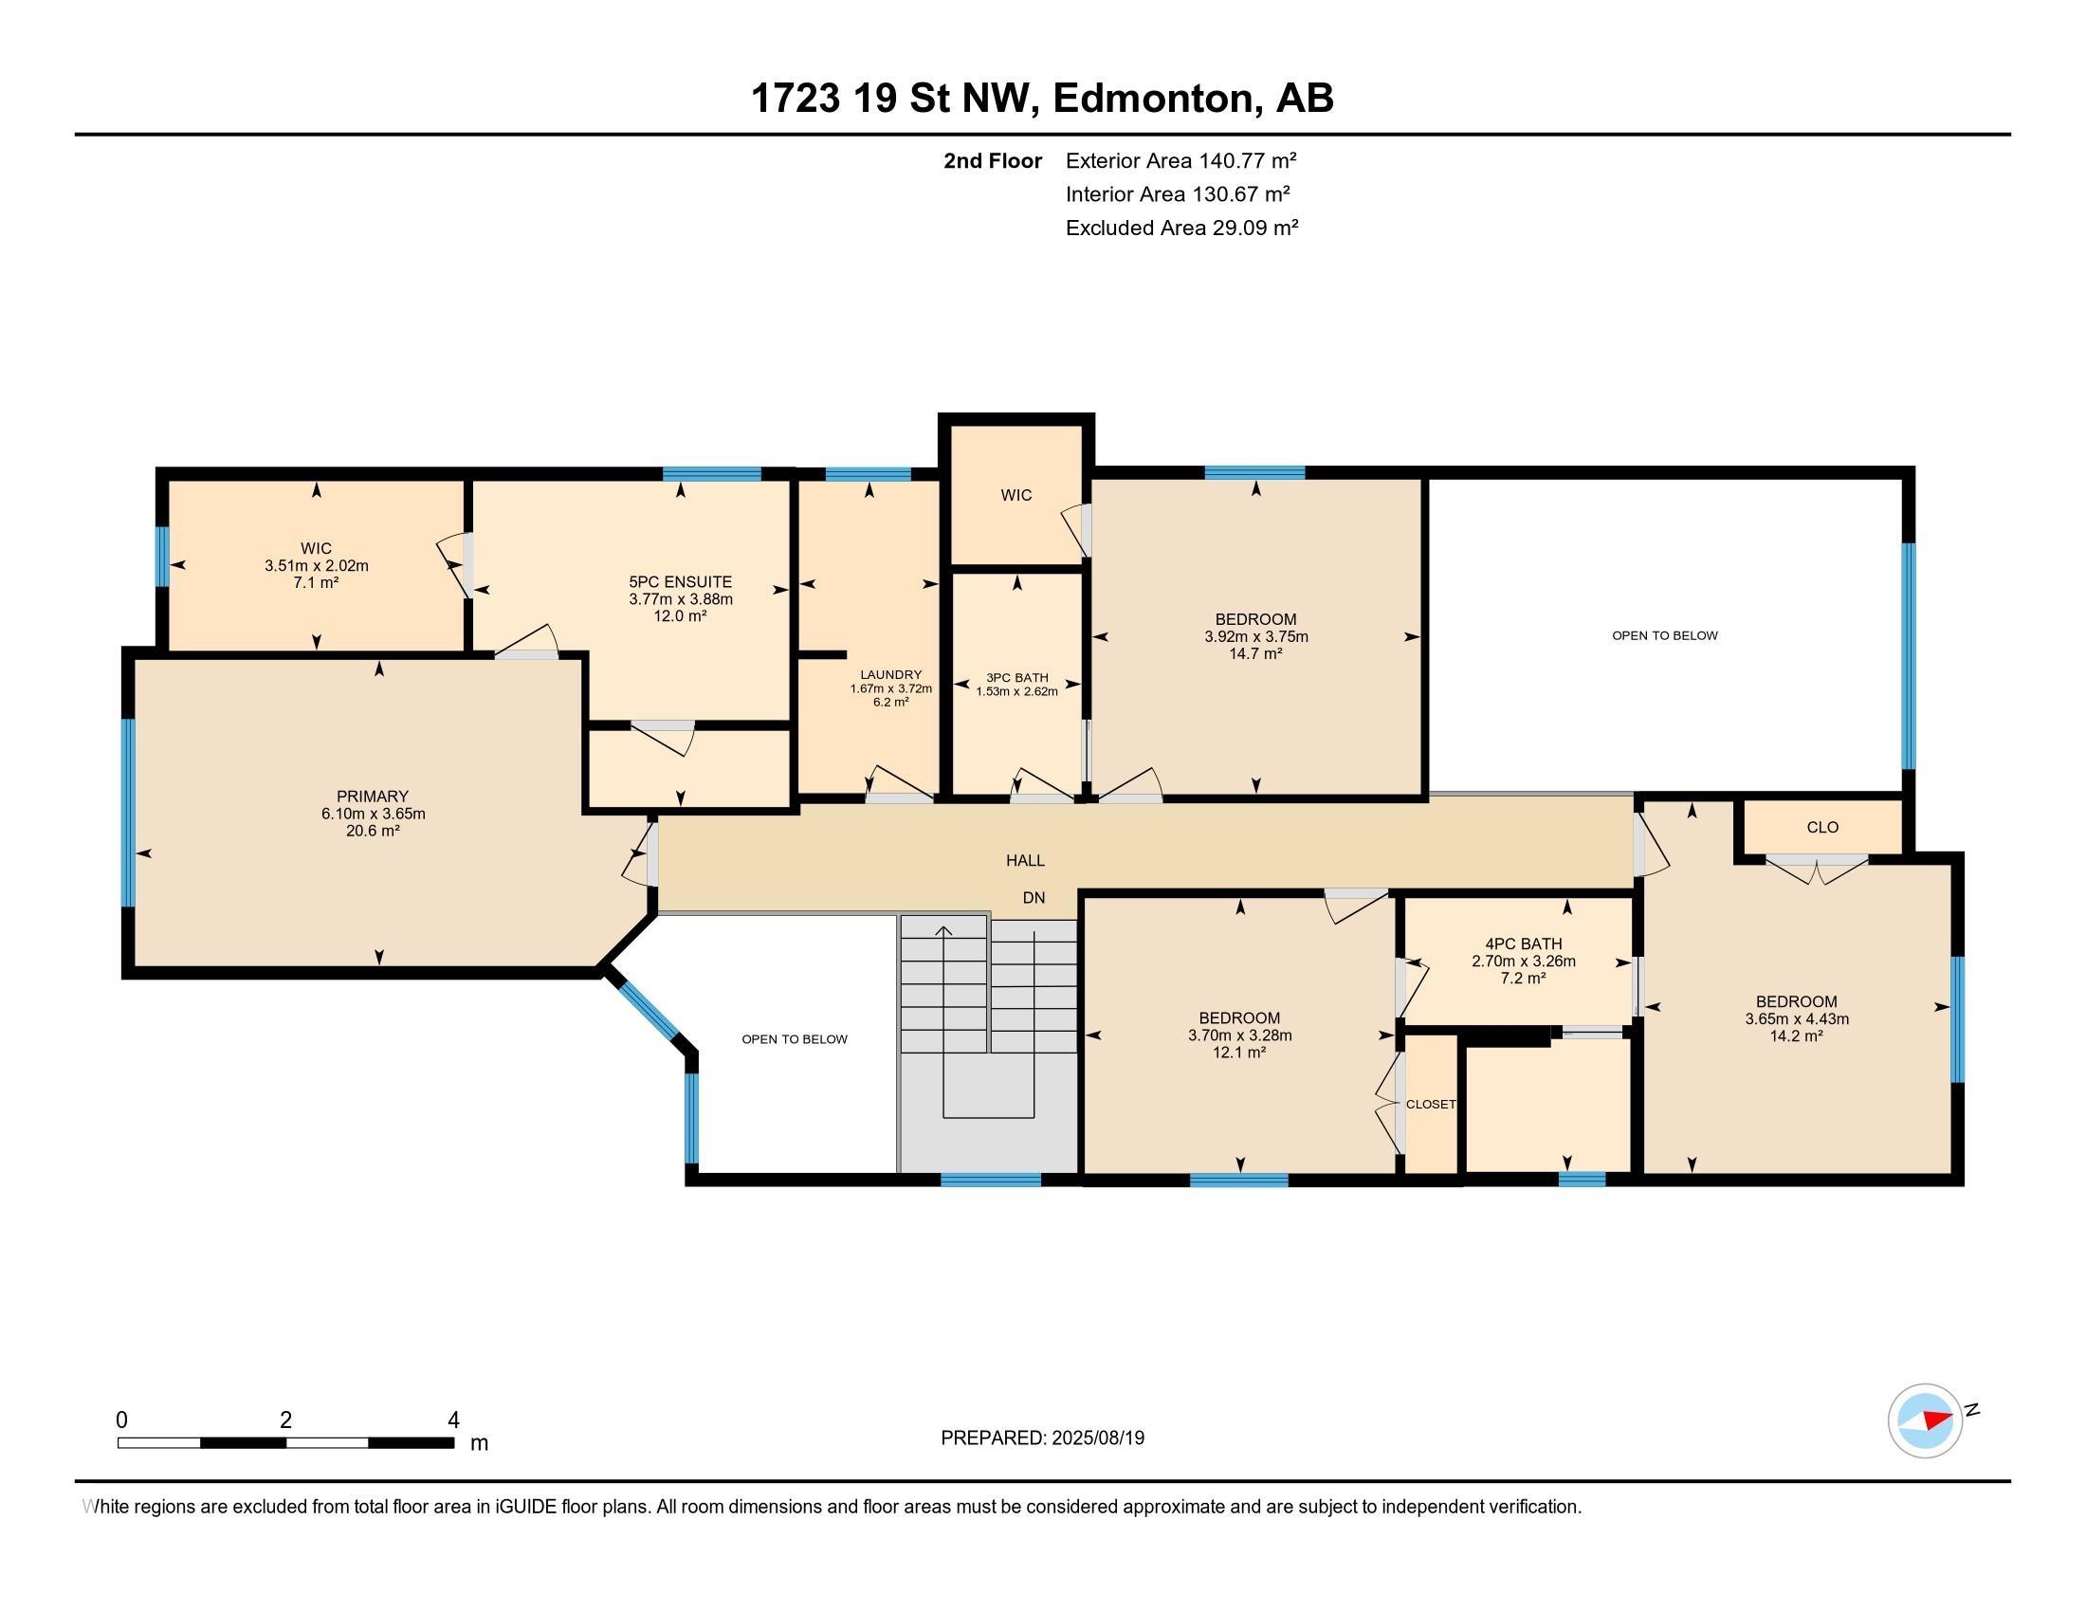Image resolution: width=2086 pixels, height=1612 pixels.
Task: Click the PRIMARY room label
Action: pos(373,796)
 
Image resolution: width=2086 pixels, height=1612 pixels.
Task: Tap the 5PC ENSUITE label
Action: pos(680,581)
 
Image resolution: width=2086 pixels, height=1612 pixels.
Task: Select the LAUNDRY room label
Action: pos(890,674)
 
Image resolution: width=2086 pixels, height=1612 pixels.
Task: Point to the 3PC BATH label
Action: pos(1016,677)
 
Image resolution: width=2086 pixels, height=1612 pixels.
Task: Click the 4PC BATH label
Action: pos(1523,943)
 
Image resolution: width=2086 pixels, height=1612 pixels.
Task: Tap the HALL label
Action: pos(1025,860)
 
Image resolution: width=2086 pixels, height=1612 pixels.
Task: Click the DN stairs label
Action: pos(1034,898)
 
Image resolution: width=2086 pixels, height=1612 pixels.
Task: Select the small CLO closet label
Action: pos(1821,827)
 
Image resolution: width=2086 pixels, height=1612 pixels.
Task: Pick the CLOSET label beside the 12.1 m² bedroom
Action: pos(1430,1104)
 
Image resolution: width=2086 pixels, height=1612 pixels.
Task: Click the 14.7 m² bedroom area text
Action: pos(1255,654)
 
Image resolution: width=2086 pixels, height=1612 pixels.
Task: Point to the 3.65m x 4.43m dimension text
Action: pos(1796,1019)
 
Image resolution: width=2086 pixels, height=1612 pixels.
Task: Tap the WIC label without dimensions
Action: pos(1016,495)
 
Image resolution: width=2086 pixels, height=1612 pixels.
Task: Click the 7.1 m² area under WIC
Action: pos(316,582)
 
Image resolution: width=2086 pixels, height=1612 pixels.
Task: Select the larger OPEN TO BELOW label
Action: pos(1664,635)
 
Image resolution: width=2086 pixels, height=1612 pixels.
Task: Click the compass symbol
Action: pos(1925,1420)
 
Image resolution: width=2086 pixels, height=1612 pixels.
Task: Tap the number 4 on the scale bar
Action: pos(452,1420)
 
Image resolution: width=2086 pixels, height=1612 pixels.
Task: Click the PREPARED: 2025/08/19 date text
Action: pos(1042,1438)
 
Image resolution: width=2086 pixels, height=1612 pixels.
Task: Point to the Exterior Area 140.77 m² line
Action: pos(1180,160)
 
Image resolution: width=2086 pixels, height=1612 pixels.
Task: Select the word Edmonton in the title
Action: pos(1152,98)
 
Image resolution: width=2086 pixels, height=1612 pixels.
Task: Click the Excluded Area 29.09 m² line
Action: pos(1181,228)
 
